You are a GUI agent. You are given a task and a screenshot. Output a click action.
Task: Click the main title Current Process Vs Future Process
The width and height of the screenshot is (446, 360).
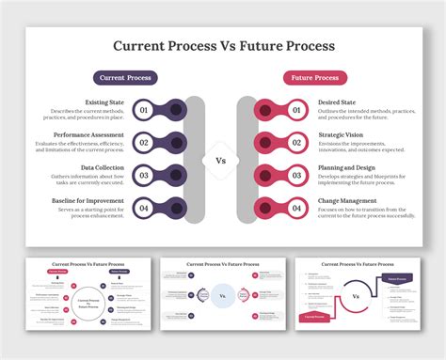[222, 45]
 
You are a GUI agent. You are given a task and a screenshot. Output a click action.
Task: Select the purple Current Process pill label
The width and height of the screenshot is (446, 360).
[125, 78]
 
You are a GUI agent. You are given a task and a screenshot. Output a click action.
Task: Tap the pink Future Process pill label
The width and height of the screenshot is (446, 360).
[315, 78]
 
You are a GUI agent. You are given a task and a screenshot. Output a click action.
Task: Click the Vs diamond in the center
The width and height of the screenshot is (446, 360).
[221, 160]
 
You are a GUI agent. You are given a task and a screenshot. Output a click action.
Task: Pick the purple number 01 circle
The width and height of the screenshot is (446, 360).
[144, 111]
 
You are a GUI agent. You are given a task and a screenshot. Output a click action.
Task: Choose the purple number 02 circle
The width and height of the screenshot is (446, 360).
[144, 143]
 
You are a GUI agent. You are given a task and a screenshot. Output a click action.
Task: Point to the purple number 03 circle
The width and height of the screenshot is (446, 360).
[144, 176]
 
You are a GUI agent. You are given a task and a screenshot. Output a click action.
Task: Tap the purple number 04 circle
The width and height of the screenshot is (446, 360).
[144, 208]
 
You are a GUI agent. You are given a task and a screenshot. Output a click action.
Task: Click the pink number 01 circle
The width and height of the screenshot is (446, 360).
[298, 111]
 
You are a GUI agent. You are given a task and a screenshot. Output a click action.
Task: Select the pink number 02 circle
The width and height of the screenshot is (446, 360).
[298, 143]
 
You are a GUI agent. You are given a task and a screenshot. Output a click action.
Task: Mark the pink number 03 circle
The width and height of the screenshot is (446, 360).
[298, 176]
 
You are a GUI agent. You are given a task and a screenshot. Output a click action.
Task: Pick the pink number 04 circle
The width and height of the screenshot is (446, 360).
[298, 208]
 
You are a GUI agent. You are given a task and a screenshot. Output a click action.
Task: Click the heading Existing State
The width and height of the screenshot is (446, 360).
[104, 102]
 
